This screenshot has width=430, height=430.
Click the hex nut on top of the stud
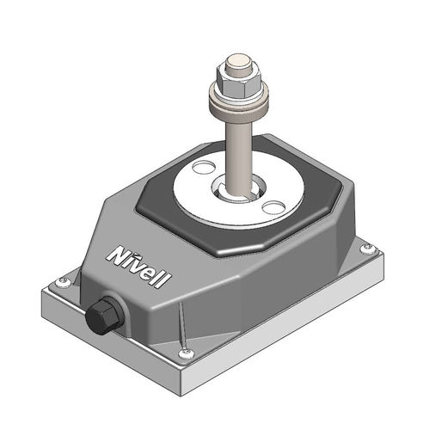click(x=238, y=83)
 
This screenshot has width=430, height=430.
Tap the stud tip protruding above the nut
click(x=239, y=64)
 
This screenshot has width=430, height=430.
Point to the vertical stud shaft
click(x=238, y=157)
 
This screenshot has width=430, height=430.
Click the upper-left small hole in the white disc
click(x=204, y=167)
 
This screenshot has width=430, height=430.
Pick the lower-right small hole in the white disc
click(x=273, y=207)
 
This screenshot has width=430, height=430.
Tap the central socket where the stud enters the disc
click(x=240, y=188)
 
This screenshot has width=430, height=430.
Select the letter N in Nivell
click(x=117, y=256)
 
